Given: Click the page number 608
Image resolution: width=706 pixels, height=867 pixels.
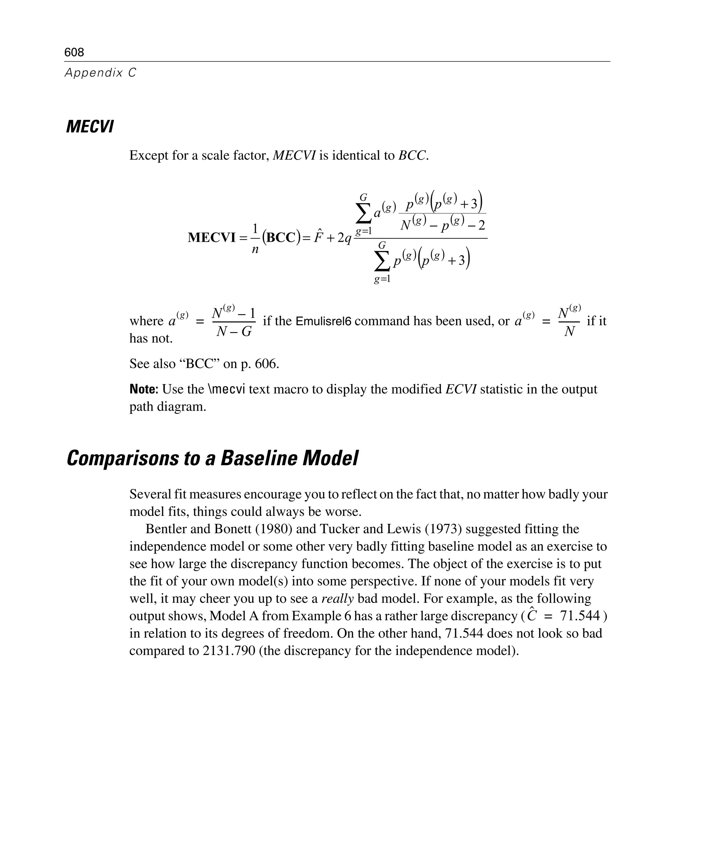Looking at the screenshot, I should click(74, 52).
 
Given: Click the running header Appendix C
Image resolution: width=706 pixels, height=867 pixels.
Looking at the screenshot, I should click(100, 73).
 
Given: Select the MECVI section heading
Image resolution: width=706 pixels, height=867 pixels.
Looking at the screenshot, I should click(90, 127).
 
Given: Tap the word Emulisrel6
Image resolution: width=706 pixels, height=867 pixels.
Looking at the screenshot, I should click(323, 321).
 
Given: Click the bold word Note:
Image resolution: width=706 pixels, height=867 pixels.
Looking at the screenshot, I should click(143, 389).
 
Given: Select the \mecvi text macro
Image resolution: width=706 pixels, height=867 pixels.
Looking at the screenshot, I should click(226, 389).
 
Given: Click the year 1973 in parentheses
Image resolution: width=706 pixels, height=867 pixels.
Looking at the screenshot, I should click(443, 529).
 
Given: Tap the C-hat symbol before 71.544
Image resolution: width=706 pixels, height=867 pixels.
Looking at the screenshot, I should click(532, 616).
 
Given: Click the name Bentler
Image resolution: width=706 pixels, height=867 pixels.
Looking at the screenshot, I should click(165, 529).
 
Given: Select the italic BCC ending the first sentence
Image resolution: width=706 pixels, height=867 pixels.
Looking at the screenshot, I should click(412, 156).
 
